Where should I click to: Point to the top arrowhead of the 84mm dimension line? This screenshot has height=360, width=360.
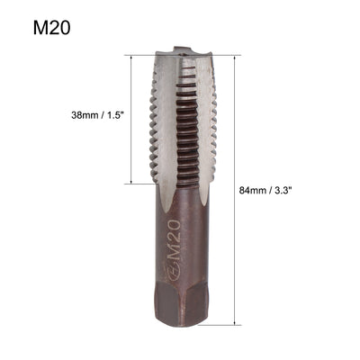pos(237,57)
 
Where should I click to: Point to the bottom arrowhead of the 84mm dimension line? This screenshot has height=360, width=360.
pos(237,321)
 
